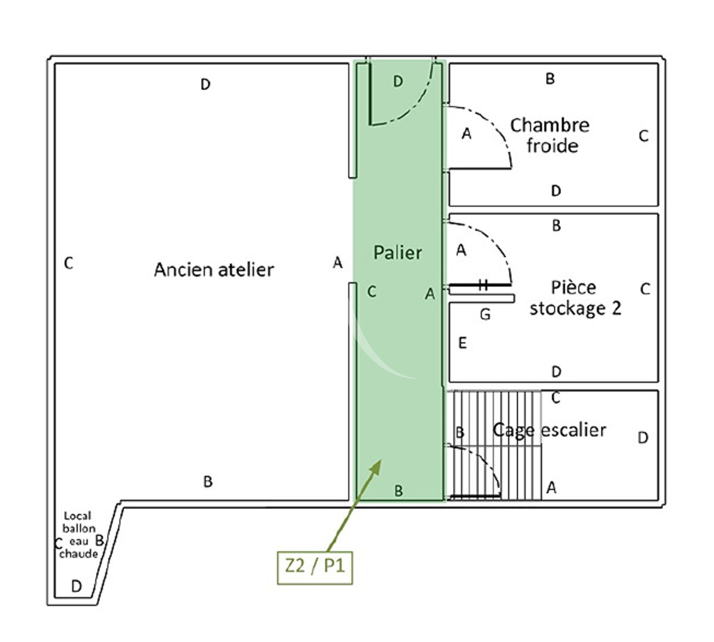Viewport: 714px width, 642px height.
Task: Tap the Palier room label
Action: click(397, 252)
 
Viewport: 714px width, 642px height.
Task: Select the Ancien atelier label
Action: click(214, 270)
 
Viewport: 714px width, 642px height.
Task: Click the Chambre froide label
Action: click(550, 136)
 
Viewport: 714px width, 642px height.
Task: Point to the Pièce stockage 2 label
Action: click(575, 297)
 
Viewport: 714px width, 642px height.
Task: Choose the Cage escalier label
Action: click(549, 430)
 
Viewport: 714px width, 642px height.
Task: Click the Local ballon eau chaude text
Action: click(79, 534)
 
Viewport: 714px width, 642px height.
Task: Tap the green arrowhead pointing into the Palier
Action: click(375, 466)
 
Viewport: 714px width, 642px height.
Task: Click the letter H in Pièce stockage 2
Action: click(483, 286)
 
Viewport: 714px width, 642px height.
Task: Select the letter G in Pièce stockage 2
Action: click(485, 314)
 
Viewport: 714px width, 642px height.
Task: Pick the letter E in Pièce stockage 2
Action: click(462, 343)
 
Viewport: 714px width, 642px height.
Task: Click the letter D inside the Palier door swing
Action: click(398, 81)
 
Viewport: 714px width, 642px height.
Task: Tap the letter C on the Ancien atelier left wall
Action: click(68, 262)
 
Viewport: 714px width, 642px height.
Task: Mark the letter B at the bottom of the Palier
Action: click(399, 491)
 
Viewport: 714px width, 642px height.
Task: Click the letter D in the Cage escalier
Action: click(643, 438)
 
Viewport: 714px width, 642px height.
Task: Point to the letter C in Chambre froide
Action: click(644, 136)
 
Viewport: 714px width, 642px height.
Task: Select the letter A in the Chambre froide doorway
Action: click(467, 134)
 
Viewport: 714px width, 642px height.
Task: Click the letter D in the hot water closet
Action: click(76, 586)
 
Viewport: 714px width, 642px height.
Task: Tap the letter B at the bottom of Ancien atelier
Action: click(208, 481)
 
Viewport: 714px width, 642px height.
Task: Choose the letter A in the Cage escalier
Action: click(551, 488)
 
